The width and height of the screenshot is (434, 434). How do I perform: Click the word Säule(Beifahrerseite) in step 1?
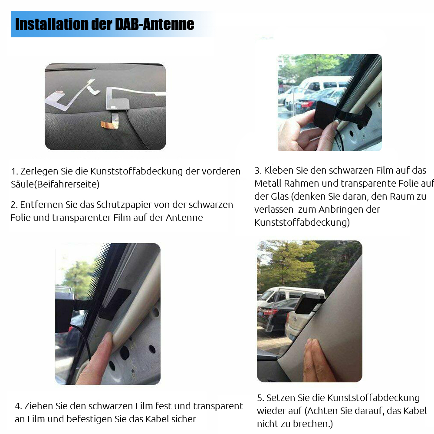click(x=55, y=184)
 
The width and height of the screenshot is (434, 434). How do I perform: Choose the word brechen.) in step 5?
click(x=311, y=424)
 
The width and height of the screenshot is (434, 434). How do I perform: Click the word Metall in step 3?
click(x=268, y=183)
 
